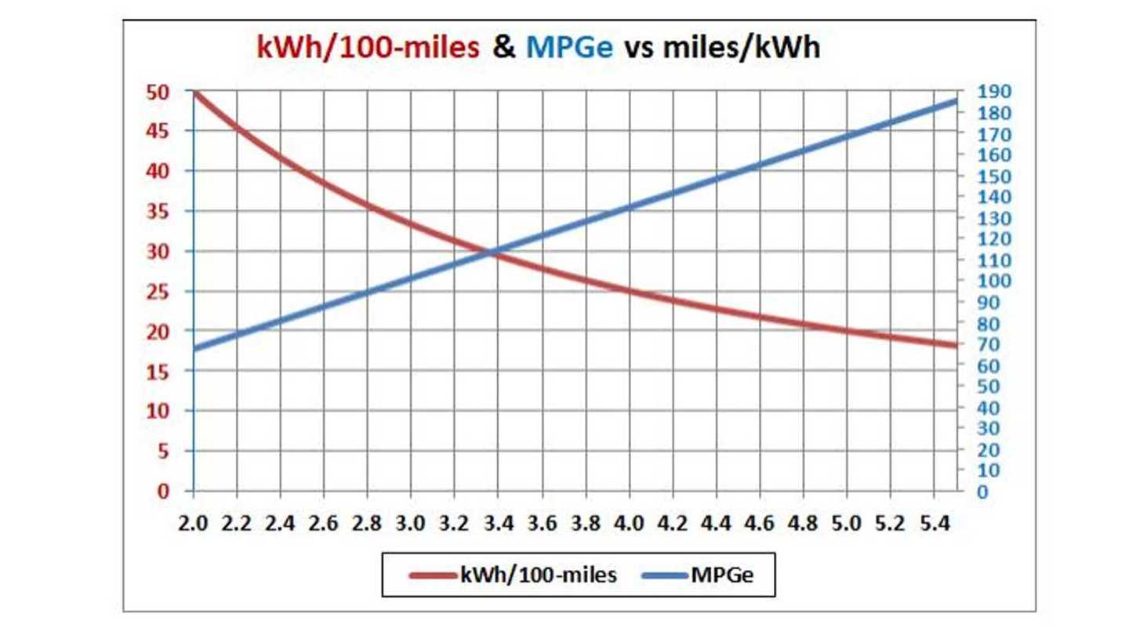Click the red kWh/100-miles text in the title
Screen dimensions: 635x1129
[368, 48]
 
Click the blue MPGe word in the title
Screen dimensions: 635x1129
[569, 48]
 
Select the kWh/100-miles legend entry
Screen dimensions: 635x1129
[514, 575]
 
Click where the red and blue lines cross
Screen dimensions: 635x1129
[492, 252]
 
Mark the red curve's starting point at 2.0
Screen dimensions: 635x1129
[194, 93]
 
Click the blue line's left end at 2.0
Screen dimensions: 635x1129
[194, 349]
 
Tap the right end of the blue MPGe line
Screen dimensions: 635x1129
[955, 101]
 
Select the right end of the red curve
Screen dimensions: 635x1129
[955, 346]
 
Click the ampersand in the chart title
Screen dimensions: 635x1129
[504, 48]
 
